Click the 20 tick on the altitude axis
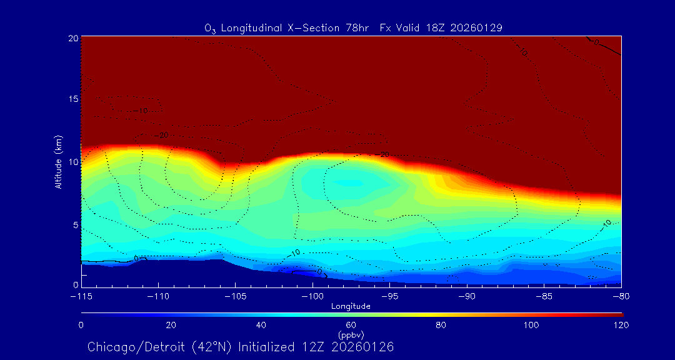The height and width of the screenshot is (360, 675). tap(72, 37)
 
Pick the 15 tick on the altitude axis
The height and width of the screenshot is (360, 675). tap(72, 99)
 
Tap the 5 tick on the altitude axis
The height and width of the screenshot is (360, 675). tap(75, 224)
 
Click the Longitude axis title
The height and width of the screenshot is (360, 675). tap(351, 306)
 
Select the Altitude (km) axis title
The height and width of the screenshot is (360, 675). tap(58, 161)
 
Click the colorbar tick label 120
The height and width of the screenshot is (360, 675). tap(621, 325)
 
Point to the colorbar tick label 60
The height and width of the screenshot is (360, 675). tap(351, 325)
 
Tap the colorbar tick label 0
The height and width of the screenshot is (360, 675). tap(81, 325)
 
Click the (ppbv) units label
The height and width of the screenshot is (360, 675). tap(351, 335)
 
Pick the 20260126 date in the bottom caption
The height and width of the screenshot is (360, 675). tap(362, 347)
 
